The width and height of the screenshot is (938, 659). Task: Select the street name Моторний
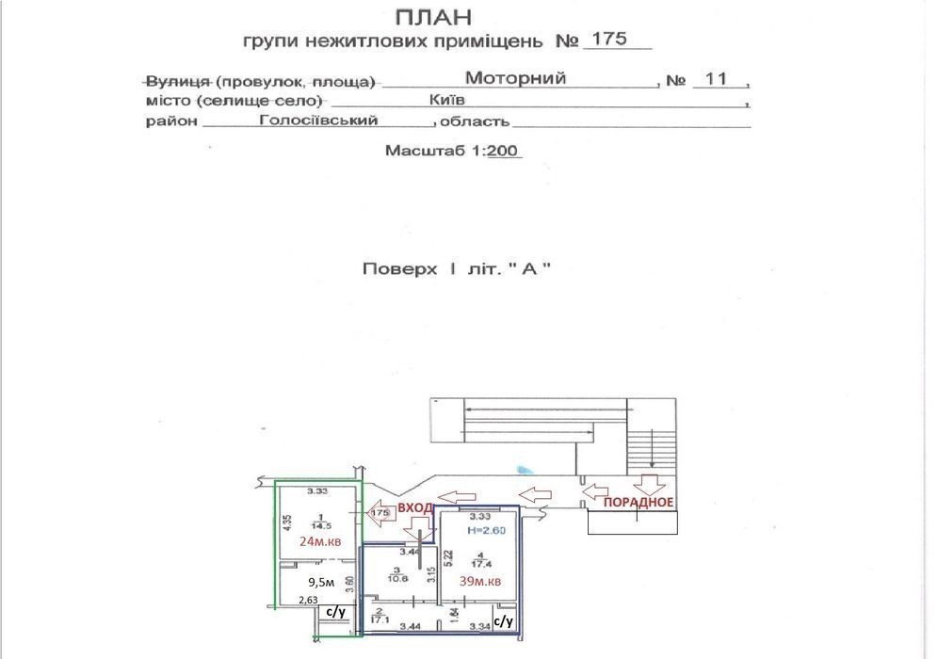click(x=515, y=79)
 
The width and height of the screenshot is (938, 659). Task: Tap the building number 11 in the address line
click(x=716, y=79)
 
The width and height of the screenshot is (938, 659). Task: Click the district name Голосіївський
click(x=319, y=121)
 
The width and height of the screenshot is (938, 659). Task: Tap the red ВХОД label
click(x=415, y=507)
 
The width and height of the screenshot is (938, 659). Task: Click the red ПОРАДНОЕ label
click(x=639, y=502)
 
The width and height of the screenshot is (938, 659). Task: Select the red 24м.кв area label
click(x=319, y=541)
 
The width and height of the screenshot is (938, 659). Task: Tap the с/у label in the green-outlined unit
click(x=336, y=613)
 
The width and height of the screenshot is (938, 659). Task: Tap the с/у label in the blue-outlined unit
click(x=503, y=620)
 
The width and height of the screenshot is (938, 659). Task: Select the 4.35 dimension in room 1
click(x=286, y=522)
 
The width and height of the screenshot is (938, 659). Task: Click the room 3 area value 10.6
click(x=397, y=577)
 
